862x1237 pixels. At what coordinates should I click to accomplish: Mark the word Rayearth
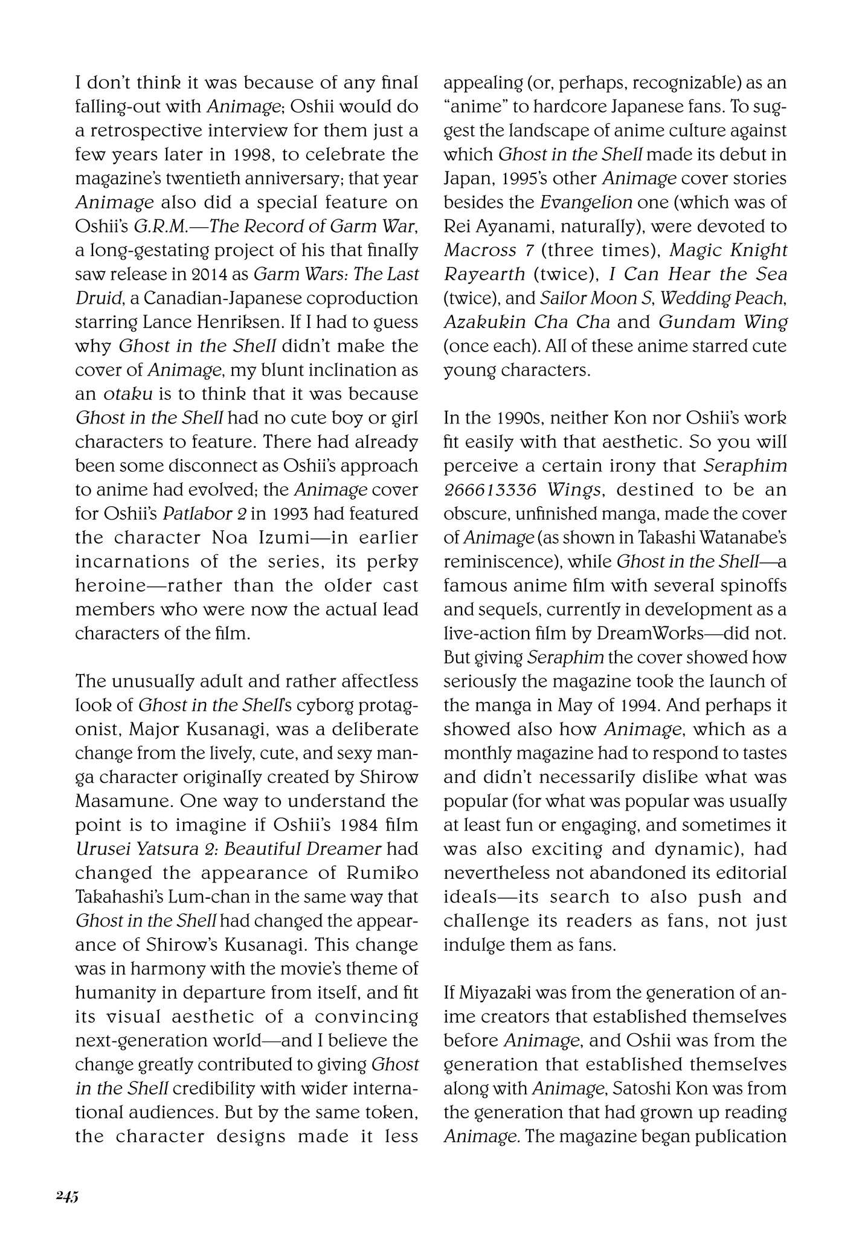point(484,274)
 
